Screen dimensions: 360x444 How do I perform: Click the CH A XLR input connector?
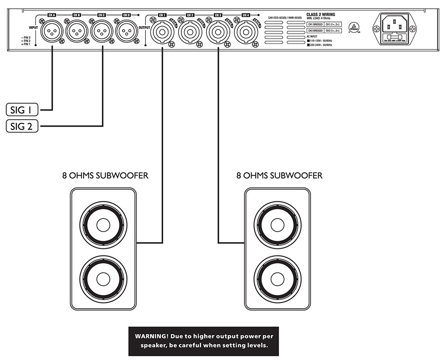click(52, 33)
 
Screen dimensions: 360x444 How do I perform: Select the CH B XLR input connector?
click(77, 33)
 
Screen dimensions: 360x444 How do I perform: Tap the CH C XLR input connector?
click(102, 33)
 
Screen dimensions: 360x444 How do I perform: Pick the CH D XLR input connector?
click(127, 33)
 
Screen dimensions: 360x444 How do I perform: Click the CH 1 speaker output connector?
click(162, 33)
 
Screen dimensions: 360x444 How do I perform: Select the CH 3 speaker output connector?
click(218, 33)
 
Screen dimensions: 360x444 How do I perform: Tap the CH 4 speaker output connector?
click(246, 33)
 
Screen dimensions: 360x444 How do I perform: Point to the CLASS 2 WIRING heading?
click(321, 15)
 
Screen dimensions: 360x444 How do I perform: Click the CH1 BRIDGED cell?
click(315, 23)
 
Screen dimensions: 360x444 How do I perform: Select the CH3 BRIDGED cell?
click(315, 30)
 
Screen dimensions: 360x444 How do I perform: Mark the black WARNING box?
click(203, 341)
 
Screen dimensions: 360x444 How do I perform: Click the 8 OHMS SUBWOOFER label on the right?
click(279, 176)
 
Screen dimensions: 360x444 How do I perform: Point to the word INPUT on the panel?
click(33, 28)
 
